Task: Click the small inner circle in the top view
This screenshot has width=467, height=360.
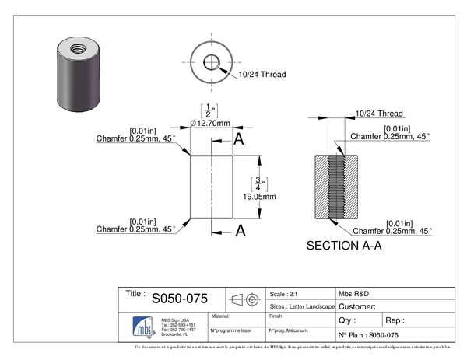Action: [x=212, y=62]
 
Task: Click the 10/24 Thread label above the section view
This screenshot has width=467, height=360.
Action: [x=377, y=114]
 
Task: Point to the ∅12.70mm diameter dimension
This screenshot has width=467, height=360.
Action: [x=211, y=124]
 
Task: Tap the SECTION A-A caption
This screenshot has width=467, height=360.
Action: [x=344, y=246]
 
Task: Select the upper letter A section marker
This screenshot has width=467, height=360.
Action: [x=240, y=140]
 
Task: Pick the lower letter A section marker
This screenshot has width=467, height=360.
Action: [x=241, y=230]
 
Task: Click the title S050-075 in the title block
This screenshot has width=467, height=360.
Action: [x=179, y=298]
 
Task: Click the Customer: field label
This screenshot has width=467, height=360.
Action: [x=359, y=306]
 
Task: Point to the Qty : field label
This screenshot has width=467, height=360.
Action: [x=347, y=320]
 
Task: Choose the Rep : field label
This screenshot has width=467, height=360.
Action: [x=395, y=320]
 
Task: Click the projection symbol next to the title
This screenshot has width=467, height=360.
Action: [x=244, y=299]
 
